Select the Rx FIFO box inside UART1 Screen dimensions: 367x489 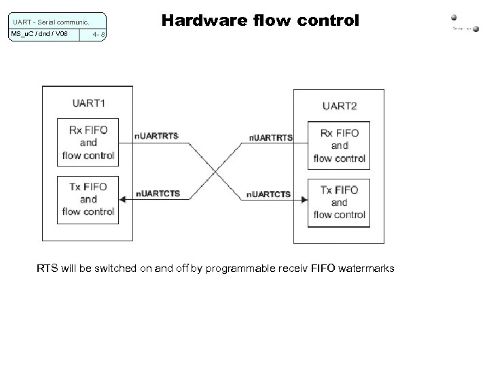88,142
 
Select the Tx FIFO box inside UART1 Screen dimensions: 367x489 88,198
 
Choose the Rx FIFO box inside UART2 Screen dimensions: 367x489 340,145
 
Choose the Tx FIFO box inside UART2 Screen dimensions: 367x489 340,202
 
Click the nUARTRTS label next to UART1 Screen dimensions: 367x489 157,137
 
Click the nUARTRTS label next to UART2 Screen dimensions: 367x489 270,138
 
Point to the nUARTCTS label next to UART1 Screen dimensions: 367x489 158,194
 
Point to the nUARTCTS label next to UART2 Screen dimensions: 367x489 268,194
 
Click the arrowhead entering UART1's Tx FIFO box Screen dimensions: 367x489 122,199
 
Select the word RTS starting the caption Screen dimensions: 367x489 47,269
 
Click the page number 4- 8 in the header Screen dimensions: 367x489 98,34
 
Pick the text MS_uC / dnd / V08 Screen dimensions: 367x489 39,34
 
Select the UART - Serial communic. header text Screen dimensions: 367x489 48,21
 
